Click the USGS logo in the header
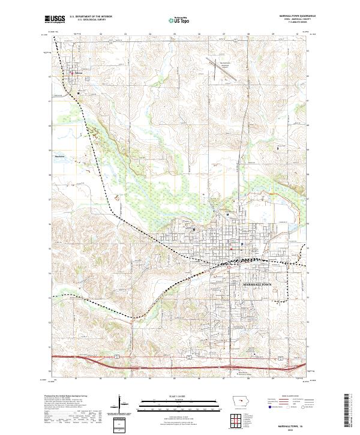[55, 20]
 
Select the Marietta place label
[59, 157]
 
